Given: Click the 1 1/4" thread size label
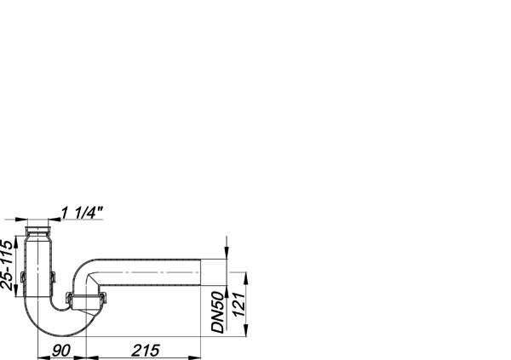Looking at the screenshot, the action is [82, 213].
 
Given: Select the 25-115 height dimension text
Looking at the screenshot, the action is [7, 265].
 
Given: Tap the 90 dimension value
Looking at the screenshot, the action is [61, 351].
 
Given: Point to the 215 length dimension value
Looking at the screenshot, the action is [146, 351].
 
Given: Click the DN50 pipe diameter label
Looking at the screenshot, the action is [218, 312].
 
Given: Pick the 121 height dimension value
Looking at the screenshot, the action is [238, 305].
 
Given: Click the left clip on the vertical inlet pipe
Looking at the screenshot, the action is [23, 277].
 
